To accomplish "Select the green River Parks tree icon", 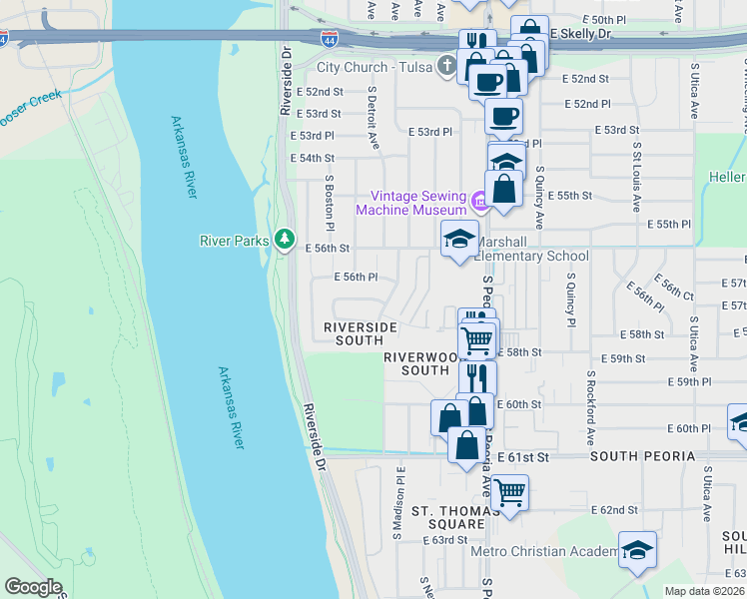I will [286, 240].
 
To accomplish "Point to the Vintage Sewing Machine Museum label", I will [411, 203].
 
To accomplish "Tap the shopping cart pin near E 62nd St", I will [509, 492].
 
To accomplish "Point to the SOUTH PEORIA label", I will [641, 456].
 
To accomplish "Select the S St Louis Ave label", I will [636, 177].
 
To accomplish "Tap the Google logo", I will [33, 586].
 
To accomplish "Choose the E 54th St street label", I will [312, 159].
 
